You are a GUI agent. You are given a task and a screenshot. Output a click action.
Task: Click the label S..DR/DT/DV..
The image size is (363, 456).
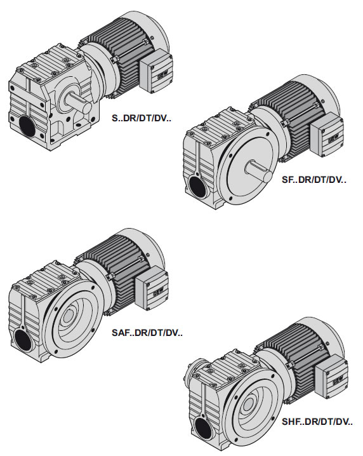tap(142, 118)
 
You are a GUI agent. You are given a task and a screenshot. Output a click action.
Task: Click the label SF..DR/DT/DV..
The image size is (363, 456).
tap(314, 180)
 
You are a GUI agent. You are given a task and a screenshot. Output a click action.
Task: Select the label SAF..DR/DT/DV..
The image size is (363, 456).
tap(147, 332)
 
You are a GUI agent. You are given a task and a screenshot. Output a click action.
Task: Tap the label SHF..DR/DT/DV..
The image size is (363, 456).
tap(317, 422)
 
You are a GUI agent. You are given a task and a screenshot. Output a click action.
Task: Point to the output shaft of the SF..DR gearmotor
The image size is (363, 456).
tap(259, 171)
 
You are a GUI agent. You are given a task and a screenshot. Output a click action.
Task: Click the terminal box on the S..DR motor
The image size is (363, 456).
tap(156, 71)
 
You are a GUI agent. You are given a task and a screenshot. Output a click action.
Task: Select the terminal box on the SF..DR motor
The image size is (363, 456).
tap(327, 135)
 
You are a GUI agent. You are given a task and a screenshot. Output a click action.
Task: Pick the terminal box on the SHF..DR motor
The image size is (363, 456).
tap(332, 377)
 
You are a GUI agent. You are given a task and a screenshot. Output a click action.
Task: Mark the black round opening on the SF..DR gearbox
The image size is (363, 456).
tap(197, 187)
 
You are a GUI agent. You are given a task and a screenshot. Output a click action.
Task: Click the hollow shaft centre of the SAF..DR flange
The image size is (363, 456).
tap(69, 316)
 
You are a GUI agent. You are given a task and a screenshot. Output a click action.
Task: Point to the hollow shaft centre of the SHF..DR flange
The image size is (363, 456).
tap(248, 404)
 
